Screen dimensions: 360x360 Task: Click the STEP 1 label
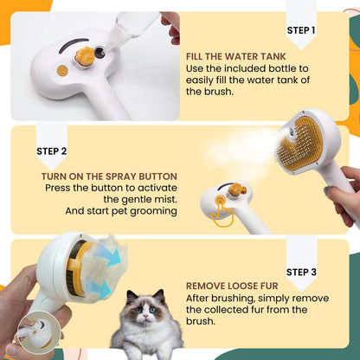pyautogui.click(x=300, y=30)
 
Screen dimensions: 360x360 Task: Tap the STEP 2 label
pyautogui.click(x=52, y=150)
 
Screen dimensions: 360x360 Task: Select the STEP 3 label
pyautogui.click(x=300, y=272)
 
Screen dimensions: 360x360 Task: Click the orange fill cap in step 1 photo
pyautogui.click(x=85, y=57)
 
